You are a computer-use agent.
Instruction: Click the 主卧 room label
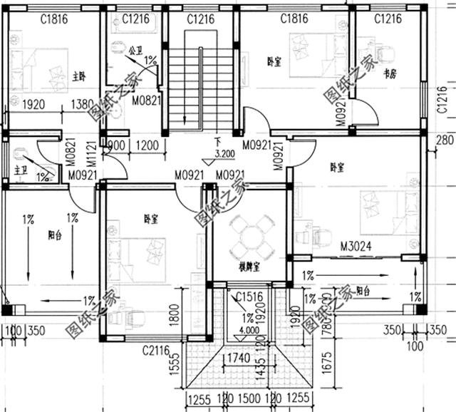pos(79,76)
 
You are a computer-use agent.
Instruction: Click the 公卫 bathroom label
pos(135,51)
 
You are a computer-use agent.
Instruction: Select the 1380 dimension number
pos(82,104)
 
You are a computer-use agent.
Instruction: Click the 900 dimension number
pos(118,145)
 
